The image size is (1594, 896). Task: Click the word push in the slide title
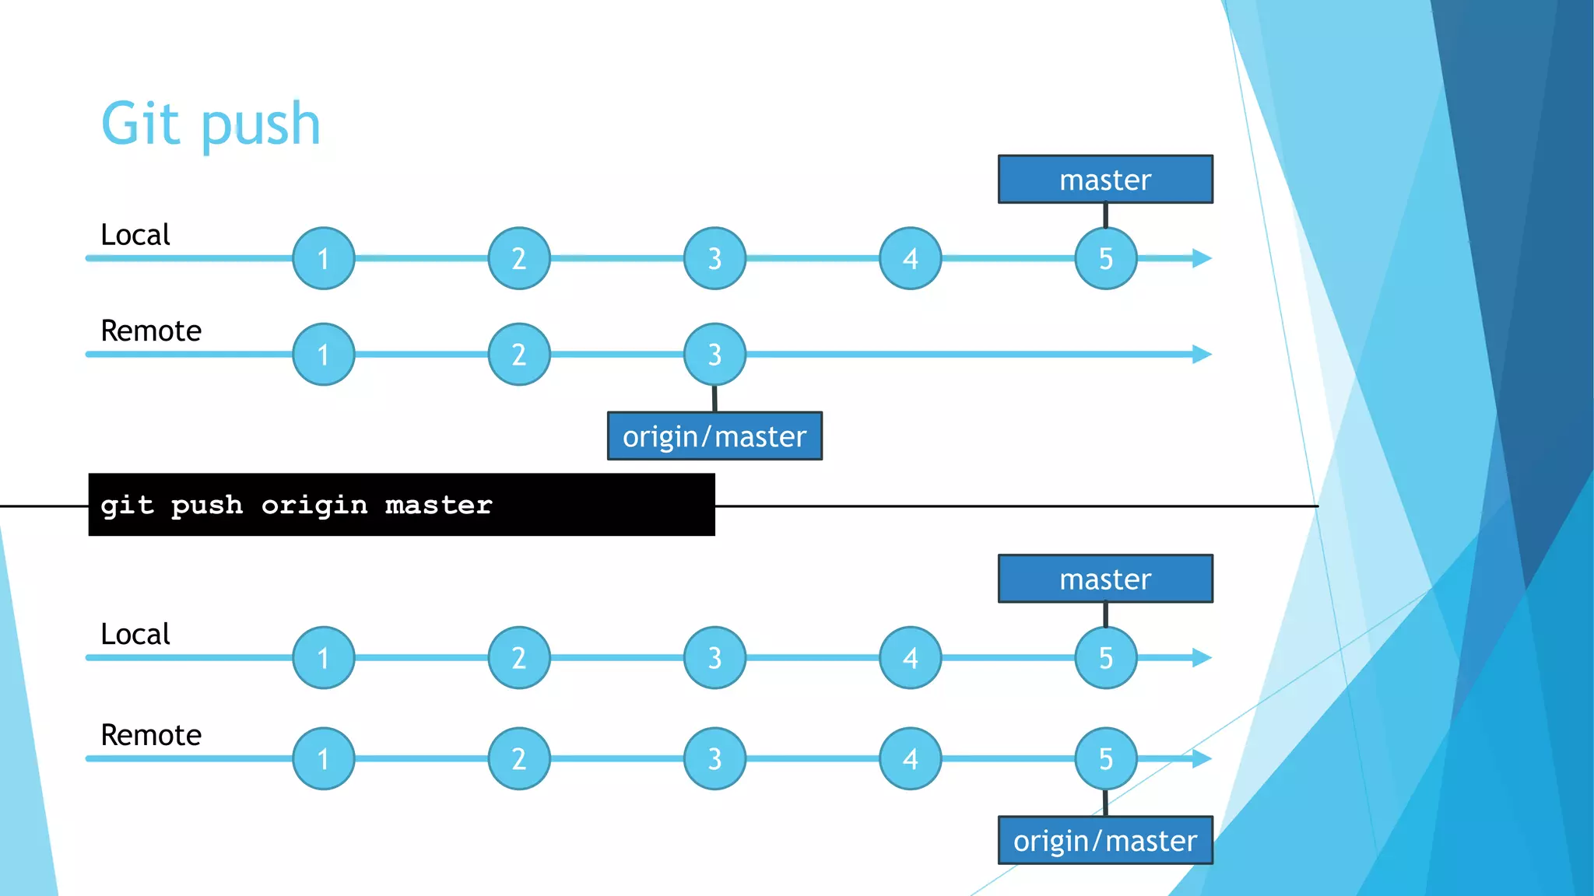[x=260, y=126]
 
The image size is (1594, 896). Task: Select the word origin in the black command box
[x=314, y=506]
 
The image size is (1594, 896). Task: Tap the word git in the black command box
[x=128, y=506]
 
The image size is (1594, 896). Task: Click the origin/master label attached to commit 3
[x=714, y=436]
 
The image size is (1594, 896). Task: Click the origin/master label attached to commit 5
[x=1105, y=841]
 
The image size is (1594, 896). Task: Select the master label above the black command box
[x=1105, y=180]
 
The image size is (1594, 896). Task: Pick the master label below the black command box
[x=1105, y=579]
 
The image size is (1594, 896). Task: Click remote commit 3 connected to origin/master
[x=714, y=355]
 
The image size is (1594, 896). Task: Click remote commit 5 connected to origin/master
[x=1105, y=758]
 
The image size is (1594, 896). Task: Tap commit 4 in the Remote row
[x=910, y=758]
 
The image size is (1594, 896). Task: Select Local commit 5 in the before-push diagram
[x=1105, y=258]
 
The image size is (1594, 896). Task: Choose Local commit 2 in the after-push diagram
[x=519, y=658]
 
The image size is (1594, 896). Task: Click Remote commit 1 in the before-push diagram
[x=324, y=355]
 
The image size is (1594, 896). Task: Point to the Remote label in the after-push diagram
[x=151, y=735]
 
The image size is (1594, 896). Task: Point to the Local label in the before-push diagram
[x=135, y=235]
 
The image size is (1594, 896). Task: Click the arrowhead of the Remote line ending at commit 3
[x=1202, y=355]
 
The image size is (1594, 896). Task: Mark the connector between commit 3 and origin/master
[x=714, y=398]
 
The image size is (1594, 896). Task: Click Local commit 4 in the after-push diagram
[x=910, y=658]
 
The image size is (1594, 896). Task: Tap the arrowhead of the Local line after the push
[x=1202, y=658]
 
